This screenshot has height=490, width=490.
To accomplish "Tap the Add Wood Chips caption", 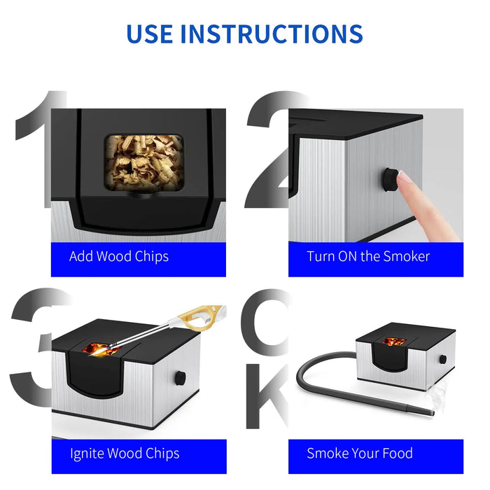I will (x=119, y=256).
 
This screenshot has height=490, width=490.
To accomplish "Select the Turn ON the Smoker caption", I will (x=368, y=256).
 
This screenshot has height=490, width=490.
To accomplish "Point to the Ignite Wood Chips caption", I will (x=124, y=454).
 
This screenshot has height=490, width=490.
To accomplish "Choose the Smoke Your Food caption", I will (x=360, y=454).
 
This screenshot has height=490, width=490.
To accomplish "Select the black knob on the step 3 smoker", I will (x=180, y=379).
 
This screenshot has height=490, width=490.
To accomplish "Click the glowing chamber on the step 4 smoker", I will (x=394, y=342).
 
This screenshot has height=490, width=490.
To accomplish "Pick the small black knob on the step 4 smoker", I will (x=442, y=360).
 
